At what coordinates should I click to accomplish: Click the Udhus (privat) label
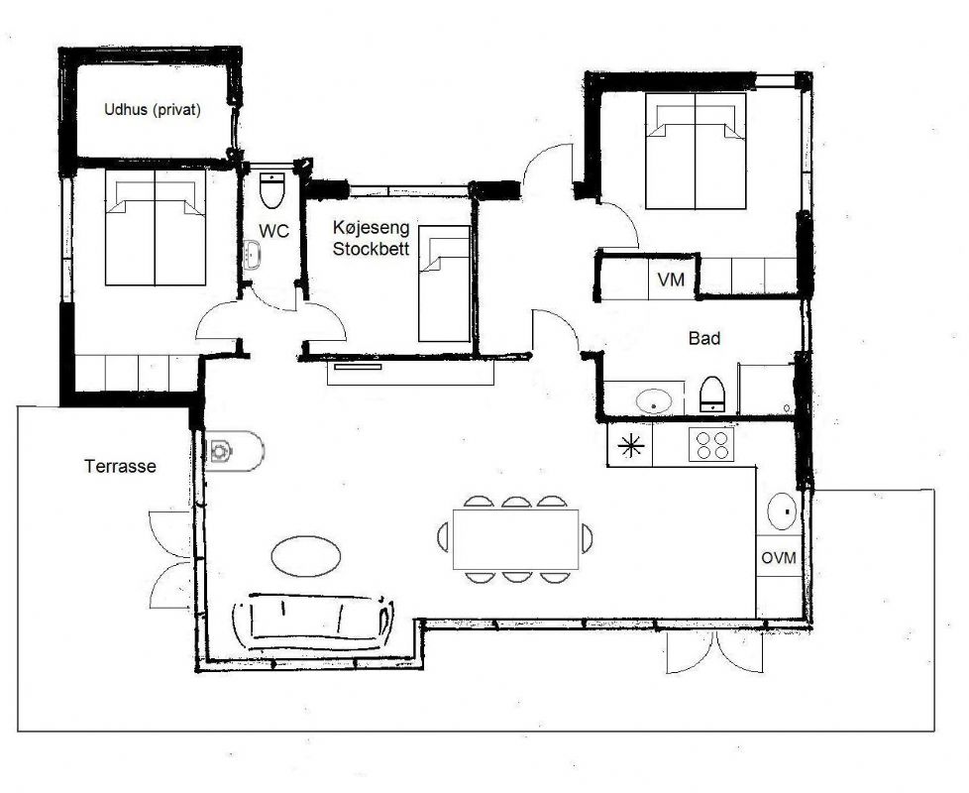coord(153,110)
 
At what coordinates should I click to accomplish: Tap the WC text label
coord(273,231)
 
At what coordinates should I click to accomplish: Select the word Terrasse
coord(120,466)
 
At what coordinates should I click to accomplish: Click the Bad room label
coord(703,339)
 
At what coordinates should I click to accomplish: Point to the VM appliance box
coord(671,281)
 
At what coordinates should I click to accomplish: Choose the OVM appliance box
coord(779,558)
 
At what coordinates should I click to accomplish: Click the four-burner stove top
coord(710,445)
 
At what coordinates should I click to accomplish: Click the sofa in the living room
coord(310,621)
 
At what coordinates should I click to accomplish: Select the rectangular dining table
coord(514,539)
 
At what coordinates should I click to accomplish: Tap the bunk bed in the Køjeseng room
coord(442,283)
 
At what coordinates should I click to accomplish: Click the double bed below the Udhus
coord(156,228)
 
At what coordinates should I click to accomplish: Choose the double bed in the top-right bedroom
coord(696,151)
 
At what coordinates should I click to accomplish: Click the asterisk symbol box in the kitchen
coord(630,446)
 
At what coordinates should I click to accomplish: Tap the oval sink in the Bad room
coord(653,401)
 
